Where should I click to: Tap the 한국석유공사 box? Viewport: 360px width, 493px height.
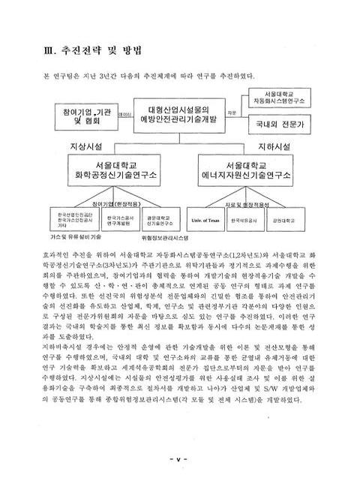click(x=244, y=221)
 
